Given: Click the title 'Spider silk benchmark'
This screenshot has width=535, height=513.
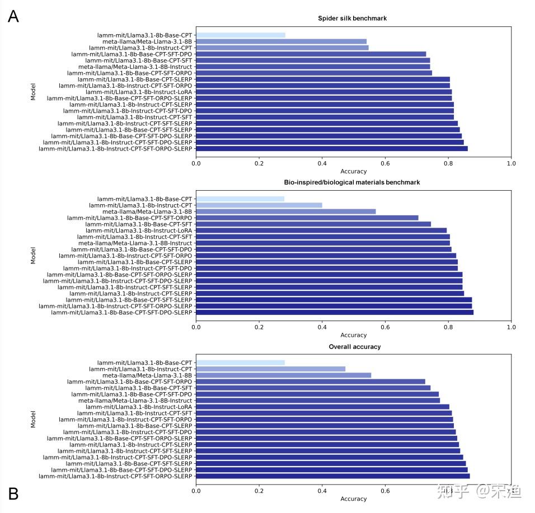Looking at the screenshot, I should point(353,18).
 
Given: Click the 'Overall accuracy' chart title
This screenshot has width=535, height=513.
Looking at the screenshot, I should point(354,347).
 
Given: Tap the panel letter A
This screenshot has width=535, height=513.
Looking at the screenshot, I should point(13,16).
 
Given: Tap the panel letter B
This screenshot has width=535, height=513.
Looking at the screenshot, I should point(13,493).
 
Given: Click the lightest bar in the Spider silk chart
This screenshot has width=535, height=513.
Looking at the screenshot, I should point(241,35).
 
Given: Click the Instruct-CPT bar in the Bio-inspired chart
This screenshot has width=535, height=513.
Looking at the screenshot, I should point(259,205).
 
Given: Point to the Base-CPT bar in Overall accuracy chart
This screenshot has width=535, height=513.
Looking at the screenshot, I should point(240,363).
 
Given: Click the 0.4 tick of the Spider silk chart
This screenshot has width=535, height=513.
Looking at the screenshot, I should point(322,163).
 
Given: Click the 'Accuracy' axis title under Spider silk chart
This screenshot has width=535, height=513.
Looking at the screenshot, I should point(354,171).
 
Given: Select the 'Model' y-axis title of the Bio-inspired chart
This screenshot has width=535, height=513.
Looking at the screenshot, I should point(34,256).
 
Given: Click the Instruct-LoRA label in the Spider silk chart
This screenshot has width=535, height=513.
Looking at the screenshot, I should point(139,92).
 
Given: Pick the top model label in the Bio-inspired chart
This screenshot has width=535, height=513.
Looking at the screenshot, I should point(144,199).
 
